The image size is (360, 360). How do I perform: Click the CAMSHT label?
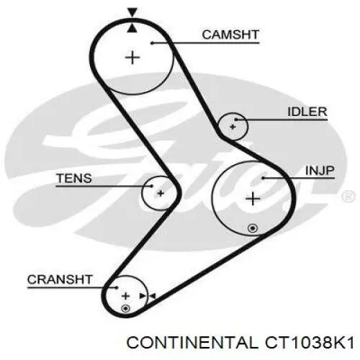pos(230,35)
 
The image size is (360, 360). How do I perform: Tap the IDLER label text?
pos(307,112)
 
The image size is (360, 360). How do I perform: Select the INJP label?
pos(320,171)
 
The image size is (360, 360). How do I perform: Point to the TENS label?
pos(74,179)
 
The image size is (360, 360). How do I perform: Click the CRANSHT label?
pos(60,279)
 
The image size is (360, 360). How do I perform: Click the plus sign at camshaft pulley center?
pos(132,58)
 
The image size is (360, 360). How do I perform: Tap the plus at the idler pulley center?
pos(233,127)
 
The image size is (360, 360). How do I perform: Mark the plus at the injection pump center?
pos(253,199)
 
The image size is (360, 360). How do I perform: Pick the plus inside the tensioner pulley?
pos(161,193)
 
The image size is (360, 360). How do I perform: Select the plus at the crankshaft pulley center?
pos(125,296)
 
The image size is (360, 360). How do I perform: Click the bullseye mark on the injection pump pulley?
pos(253,228)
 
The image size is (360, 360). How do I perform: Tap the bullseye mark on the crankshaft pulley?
pos(125,308)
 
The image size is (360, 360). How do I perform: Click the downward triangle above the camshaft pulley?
pos(132,12)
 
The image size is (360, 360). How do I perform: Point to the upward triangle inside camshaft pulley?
pos(132,28)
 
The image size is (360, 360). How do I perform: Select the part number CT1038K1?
pos(310,343)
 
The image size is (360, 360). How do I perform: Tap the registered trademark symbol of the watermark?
pos(348,197)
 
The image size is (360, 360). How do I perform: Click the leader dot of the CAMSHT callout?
pos(152,43)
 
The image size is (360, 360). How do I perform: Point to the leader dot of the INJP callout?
pos(263,178)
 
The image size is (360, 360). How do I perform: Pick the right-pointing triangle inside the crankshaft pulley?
pos(143,296)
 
